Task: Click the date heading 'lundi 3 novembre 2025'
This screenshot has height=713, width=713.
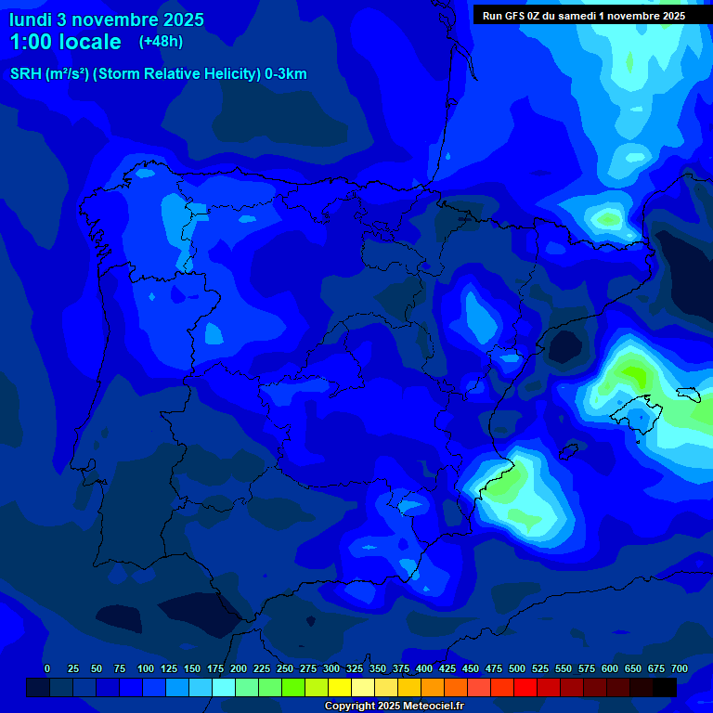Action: [x=107, y=19]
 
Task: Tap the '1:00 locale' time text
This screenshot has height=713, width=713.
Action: [x=65, y=42]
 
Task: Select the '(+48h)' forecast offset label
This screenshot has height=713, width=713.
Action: [x=161, y=41]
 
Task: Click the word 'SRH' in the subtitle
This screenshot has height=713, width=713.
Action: [x=25, y=74]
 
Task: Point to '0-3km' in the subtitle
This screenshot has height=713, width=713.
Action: [x=285, y=74]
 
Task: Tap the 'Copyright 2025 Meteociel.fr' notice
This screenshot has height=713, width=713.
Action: [x=394, y=707]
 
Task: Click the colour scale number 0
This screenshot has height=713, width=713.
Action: [x=47, y=668]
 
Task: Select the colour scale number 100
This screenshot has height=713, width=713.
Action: [x=146, y=668]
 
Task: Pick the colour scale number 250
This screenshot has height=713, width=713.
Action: [x=285, y=668]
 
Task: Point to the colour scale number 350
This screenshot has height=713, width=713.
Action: [x=378, y=668]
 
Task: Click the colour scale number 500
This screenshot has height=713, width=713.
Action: [x=517, y=668]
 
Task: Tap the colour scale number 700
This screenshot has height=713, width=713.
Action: [x=679, y=668]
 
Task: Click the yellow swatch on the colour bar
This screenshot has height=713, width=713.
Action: [x=340, y=688]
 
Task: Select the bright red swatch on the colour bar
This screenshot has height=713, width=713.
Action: [x=525, y=688]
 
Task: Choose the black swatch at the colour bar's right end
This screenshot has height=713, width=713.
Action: [x=665, y=688]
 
